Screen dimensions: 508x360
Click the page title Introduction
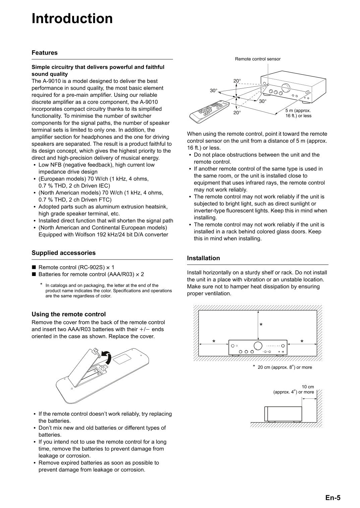click(x=72, y=19)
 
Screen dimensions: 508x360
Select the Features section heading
click(x=45, y=53)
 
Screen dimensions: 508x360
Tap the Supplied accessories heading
click(x=63, y=253)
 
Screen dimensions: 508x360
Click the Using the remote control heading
click(x=68, y=314)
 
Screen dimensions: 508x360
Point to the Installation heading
click(x=203, y=258)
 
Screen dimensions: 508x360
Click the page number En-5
click(x=333, y=498)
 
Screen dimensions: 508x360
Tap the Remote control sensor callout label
click(x=257, y=59)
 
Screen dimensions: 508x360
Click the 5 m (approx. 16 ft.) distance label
click(x=298, y=113)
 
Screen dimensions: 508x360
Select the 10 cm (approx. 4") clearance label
click(x=294, y=389)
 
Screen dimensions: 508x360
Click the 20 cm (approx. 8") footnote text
click(x=284, y=367)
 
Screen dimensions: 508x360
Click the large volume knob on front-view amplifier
click(x=258, y=346)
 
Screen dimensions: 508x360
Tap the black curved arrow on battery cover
click(x=107, y=357)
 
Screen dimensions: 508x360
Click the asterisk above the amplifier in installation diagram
click(x=261, y=325)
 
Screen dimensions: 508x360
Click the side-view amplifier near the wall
click(x=283, y=414)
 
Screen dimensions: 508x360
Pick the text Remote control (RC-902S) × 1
click(x=76, y=267)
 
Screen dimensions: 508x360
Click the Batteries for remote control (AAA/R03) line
click(x=91, y=274)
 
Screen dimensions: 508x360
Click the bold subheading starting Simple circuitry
click(x=98, y=70)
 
